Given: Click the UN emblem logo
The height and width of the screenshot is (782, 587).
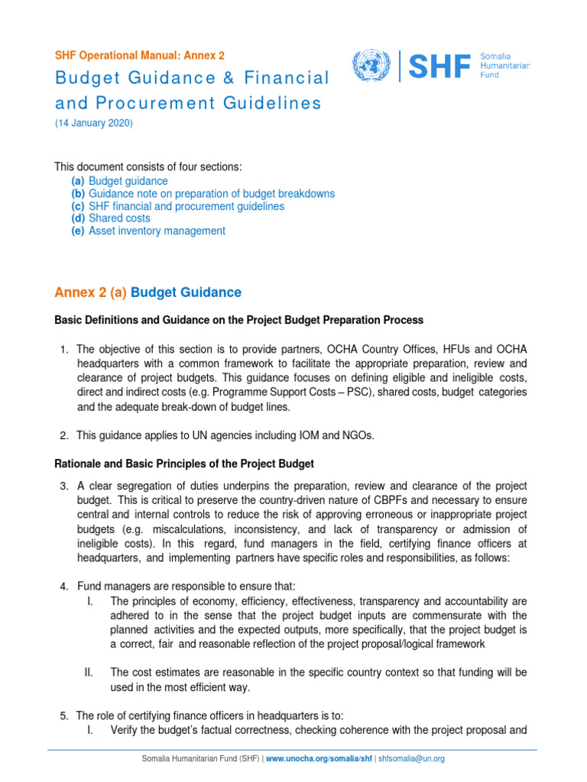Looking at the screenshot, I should coord(372,66).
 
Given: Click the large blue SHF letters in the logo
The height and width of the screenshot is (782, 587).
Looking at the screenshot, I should coord(439,66).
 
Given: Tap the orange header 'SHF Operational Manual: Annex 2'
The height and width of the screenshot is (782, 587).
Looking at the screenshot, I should coord(138,56).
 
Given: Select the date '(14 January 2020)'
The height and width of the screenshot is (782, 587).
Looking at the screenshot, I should coord(92,124).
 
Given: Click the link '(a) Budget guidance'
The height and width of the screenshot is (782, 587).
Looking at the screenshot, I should coord(119,181).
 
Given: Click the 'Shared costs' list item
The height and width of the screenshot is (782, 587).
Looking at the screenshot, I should coord(119,218).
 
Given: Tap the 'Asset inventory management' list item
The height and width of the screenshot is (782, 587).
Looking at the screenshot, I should coord(157,231).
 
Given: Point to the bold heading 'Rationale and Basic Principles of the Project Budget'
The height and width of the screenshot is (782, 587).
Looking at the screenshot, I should coord(183,464).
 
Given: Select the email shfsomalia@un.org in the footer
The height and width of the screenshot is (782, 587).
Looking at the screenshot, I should coord(412,758).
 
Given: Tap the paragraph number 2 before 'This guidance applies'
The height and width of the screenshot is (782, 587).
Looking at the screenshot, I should coord(64,435).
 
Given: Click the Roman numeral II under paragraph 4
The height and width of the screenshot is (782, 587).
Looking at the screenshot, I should coord(89,672).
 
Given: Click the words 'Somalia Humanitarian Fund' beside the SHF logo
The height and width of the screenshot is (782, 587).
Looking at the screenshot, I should coord(504,66).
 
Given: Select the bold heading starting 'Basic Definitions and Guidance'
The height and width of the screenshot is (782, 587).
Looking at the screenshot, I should coord(238,320).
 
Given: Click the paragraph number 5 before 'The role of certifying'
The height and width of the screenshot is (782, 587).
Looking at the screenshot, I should coord(64,716).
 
